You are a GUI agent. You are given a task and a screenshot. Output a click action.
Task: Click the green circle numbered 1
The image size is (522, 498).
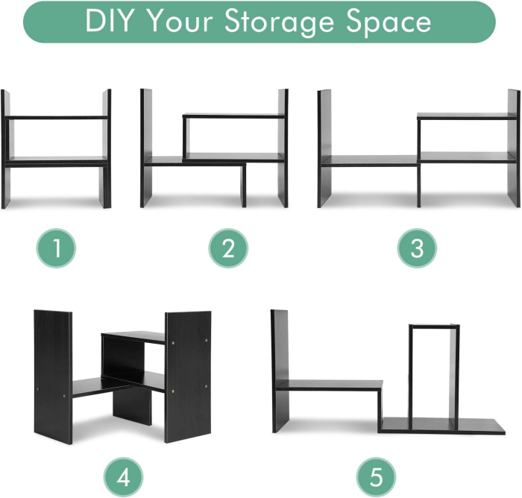[57, 248]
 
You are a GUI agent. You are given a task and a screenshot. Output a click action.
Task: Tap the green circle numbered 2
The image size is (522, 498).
[227, 248]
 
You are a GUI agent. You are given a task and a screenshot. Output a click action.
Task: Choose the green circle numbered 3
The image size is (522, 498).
[416, 248]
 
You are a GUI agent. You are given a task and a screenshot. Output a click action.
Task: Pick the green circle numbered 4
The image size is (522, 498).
[123, 475]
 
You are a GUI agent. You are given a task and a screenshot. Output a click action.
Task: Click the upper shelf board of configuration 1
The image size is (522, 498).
[57, 118]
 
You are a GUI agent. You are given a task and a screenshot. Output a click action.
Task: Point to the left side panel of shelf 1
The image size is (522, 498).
[6, 149]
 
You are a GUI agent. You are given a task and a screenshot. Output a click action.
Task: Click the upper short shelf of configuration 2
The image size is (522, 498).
[233, 116]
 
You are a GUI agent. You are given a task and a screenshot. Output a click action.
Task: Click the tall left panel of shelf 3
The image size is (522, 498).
[324, 149]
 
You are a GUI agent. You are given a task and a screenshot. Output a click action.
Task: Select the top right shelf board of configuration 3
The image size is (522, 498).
[465, 116]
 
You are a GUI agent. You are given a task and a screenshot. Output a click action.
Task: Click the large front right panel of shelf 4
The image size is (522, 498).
[187, 376]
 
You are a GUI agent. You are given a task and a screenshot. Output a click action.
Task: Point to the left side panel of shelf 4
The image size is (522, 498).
[54, 376]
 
